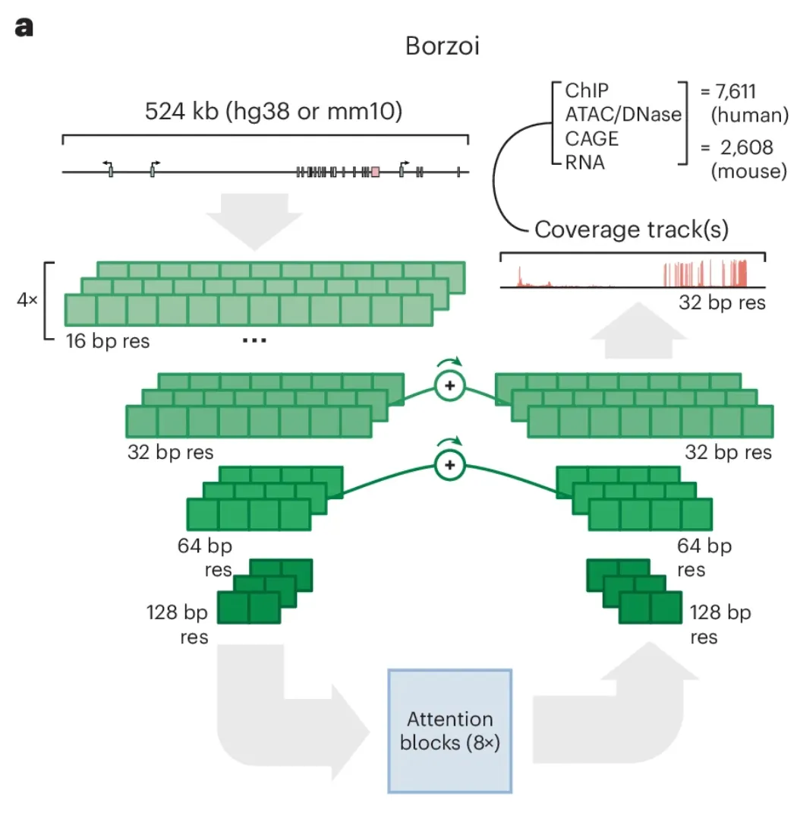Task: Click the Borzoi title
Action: tap(442, 46)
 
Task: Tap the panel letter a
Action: tap(24, 27)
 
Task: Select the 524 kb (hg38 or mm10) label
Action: tap(273, 111)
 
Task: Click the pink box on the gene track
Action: tap(375, 172)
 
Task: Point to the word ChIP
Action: tap(587, 90)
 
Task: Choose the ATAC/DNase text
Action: tap(623, 115)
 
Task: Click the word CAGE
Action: tap(591, 138)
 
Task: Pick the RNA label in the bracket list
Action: tap(585, 163)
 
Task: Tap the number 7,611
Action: tap(735, 92)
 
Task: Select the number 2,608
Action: tap(747, 148)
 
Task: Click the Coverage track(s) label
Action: tap(632, 229)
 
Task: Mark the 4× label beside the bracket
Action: tap(27, 300)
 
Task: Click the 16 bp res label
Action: tap(108, 341)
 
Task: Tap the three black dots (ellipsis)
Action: tap(254, 340)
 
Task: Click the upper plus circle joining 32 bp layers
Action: tap(449, 386)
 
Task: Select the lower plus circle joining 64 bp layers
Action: tap(449, 465)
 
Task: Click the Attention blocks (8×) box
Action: tap(449, 731)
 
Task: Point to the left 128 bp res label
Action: tap(178, 625)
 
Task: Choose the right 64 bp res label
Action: tap(704, 558)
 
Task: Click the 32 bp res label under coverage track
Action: tap(722, 302)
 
